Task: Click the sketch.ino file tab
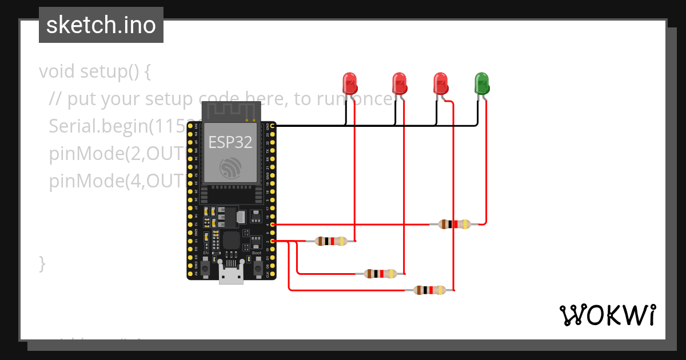(101, 25)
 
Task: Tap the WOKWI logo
(607, 315)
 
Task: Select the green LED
(481, 83)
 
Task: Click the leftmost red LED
(349, 83)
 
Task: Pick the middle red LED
(399, 83)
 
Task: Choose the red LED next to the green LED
(440, 83)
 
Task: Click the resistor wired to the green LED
(454, 225)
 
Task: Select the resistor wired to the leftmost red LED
(331, 241)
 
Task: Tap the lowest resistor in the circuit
(429, 290)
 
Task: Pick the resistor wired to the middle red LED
(380, 274)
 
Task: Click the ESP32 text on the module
(230, 142)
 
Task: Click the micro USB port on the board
(232, 276)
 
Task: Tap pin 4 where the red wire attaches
(273, 225)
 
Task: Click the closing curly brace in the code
(42, 264)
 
